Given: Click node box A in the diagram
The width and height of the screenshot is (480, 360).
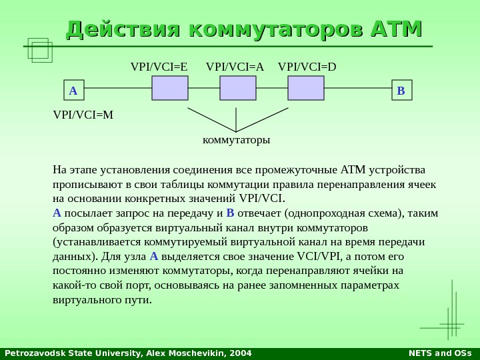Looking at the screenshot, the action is tap(73, 90).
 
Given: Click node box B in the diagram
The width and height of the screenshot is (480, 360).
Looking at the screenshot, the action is tap(401, 90).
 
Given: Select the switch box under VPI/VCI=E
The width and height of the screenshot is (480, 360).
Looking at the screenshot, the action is tap(170, 88).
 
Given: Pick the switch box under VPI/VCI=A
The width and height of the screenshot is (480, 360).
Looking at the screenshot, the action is tap(238, 88).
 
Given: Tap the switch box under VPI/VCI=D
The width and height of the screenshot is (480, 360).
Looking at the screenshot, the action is tap(306, 88).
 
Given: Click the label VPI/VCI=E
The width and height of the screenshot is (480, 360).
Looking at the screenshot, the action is tap(159, 67).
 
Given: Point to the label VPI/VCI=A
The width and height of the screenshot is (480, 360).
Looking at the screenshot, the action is tap(235, 67).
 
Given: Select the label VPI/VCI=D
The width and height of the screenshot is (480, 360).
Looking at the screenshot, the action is tap(307, 67).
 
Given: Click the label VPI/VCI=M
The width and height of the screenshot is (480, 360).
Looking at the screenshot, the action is tap(83, 115).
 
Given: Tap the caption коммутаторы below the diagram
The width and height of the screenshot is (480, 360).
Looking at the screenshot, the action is tap(236, 140).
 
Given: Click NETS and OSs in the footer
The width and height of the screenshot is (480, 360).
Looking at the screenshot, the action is tap(439, 353).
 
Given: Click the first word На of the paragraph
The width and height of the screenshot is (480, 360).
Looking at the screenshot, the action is tap(59, 169).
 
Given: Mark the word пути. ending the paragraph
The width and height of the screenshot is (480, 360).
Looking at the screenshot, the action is tap(139, 300).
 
